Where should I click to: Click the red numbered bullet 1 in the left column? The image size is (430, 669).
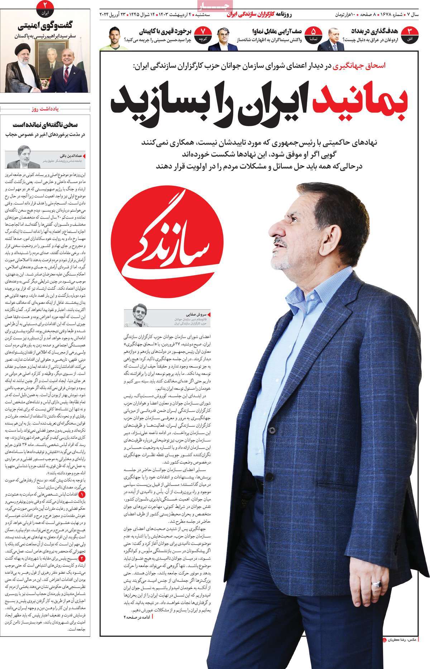[x=82, y=494]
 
